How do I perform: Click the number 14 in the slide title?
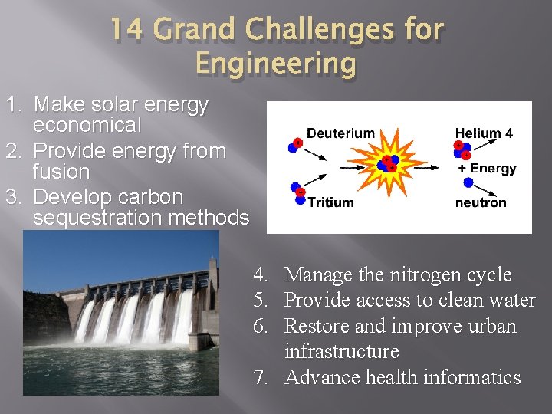pyautogui.click(x=127, y=30)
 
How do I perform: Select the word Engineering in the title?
pyautogui.click(x=276, y=63)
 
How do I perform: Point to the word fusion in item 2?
pyautogui.click(x=61, y=172)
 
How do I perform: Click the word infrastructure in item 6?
pyautogui.click(x=342, y=352)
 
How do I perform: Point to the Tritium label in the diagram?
pyautogui.click(x=330, y=202)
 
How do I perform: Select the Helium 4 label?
pyautogui.click(x=484, y=133)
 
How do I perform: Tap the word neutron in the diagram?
pyautogui.click(x=481, y=202)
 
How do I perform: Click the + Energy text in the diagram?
pyautogui.click(x=488, y=169)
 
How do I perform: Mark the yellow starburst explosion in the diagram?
pyautogui.click(x=388, y=164)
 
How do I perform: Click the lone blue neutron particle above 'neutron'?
pyautogui.click(x=468, y=183)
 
